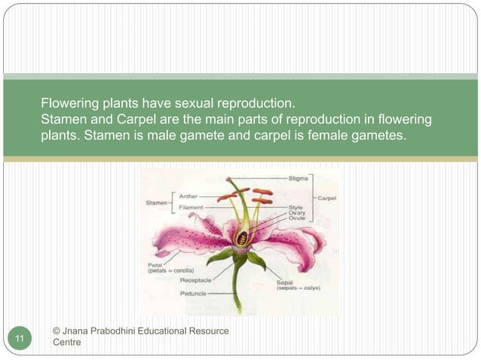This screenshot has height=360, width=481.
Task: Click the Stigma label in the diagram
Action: (297, 179)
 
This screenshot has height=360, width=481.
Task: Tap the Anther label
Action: (188, 196)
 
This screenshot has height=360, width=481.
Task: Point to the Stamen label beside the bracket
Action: (157, 202)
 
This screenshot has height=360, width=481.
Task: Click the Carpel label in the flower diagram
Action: (327, 198)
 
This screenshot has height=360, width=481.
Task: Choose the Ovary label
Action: (296, 212)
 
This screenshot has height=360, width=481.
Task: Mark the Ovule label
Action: (296, 218)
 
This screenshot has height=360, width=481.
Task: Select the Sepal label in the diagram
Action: (284, 282)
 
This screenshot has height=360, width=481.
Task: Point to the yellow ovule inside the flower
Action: (242, 239)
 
